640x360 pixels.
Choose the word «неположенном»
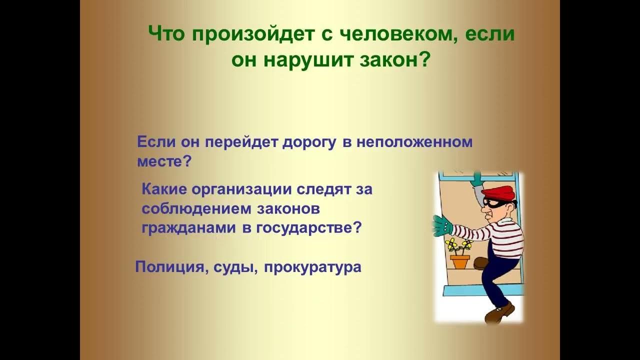tap(414, 142)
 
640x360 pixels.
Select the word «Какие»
tap(164, 189)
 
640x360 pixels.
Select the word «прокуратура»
tap(312, 267)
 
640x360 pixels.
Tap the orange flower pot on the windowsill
tap(459, 261)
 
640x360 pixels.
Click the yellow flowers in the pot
tap(458, 245)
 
